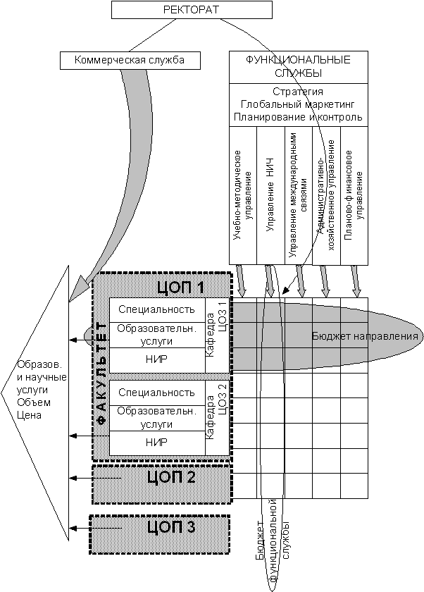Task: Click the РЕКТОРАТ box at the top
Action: point(192,10)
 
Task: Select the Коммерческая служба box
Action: point(130,61)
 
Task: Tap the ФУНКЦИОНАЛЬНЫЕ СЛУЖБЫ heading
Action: point(298,66)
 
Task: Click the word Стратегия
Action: point(298,92)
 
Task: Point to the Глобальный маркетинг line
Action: point(298,104)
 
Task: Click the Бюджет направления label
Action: point(365,336)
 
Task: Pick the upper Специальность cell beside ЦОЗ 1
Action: point(156,309)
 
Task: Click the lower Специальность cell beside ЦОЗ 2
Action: point(156,393)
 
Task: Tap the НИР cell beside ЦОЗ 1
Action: point(156,359)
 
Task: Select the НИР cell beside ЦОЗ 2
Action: point(156,443)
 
